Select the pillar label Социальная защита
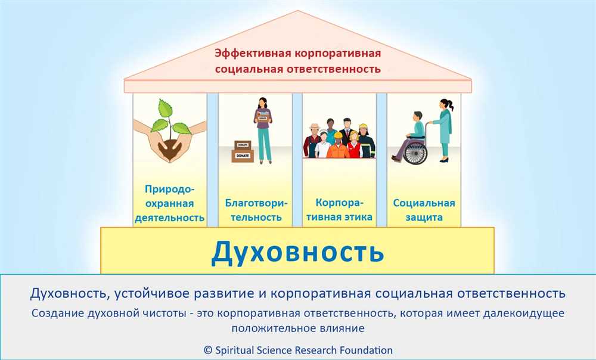[424, 210]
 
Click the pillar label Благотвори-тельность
[256, 210]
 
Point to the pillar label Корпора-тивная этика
[340, 210]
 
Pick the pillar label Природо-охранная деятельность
[169, 203]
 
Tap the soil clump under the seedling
[169, 149]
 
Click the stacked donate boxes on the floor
[243, 151]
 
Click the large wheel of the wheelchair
[415, 153]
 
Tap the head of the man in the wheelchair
[417, 117]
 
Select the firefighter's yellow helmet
[364, 127]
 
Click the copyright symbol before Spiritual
[207, 350]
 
